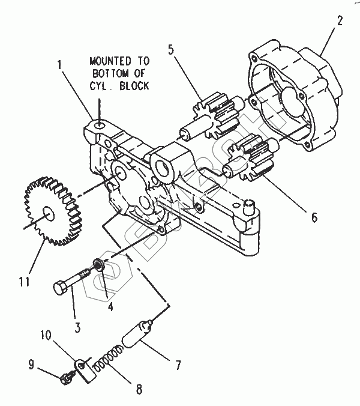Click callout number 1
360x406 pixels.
(x=60, y=64)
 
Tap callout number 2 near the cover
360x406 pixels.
(x=340, y=21)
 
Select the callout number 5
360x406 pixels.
(x=171, y=49)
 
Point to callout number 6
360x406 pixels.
(x=314, y=217)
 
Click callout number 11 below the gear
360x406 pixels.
(x=24, y=281)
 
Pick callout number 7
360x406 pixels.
(x=178, y=365)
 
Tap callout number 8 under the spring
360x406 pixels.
(x=139, y=389)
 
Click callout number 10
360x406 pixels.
(x=46, y=335)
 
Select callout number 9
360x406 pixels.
(x=31, y=365)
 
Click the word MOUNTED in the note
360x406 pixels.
(x=110, y=61)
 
